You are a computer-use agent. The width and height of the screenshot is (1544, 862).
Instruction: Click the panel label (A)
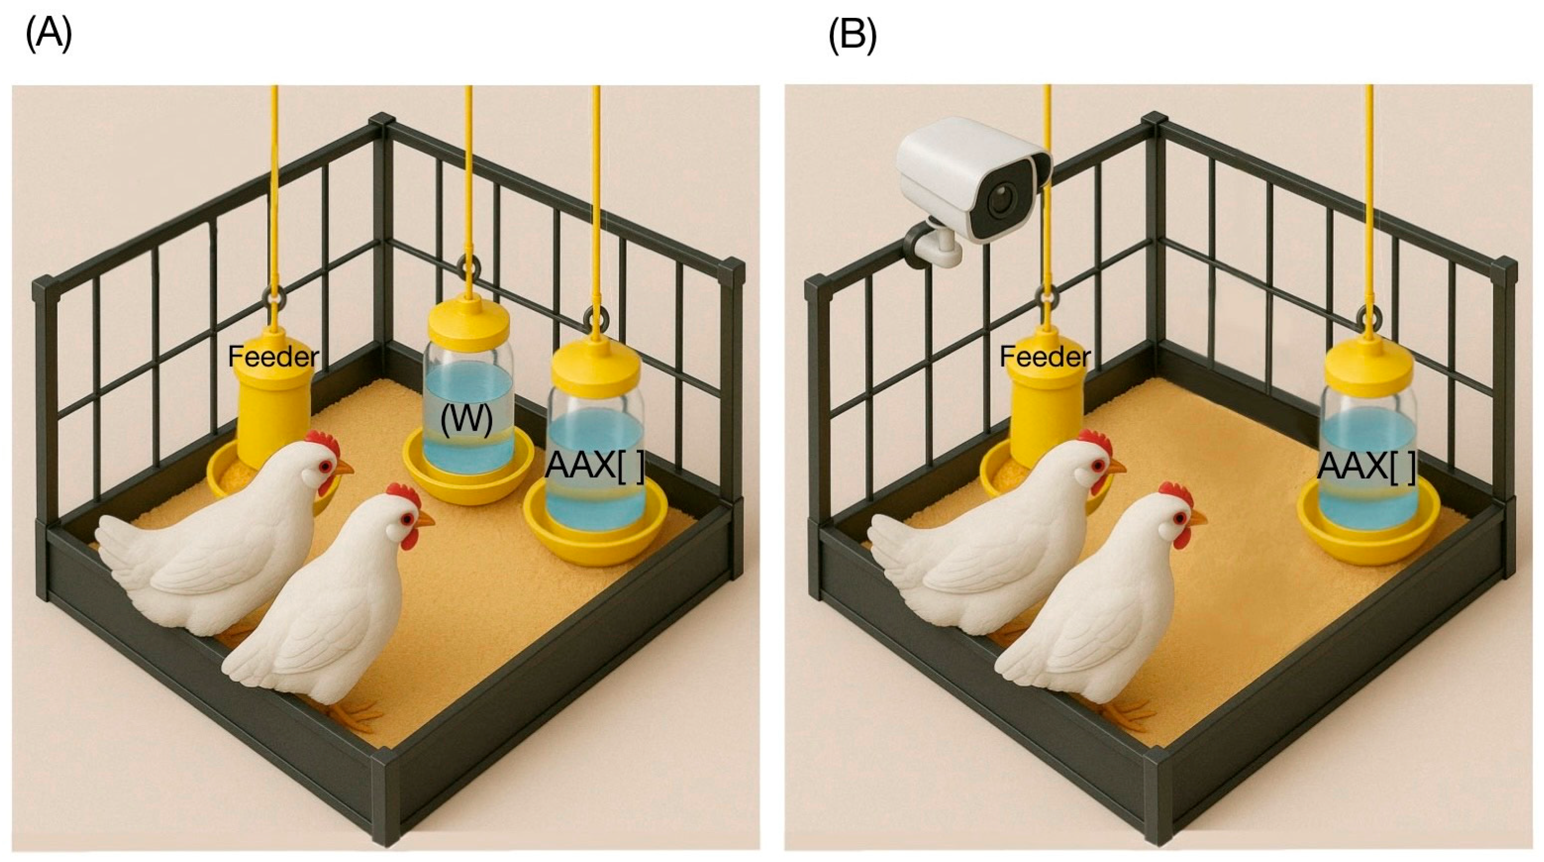[x=49, y=35]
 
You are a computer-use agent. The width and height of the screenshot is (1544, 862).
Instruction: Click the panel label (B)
[x=852, y=35]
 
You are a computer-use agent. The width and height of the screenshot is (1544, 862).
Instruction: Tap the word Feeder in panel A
[x=273, y=357]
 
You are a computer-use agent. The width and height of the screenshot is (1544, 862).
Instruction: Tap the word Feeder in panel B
[x=1045, y=357]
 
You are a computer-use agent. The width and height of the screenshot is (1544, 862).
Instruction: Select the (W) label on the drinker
[x=466, y=420]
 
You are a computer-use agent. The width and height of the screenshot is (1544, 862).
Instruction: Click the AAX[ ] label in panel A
[x=595, y=465]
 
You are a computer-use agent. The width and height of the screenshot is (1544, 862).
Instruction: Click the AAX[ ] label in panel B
[x=1367, y=465]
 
